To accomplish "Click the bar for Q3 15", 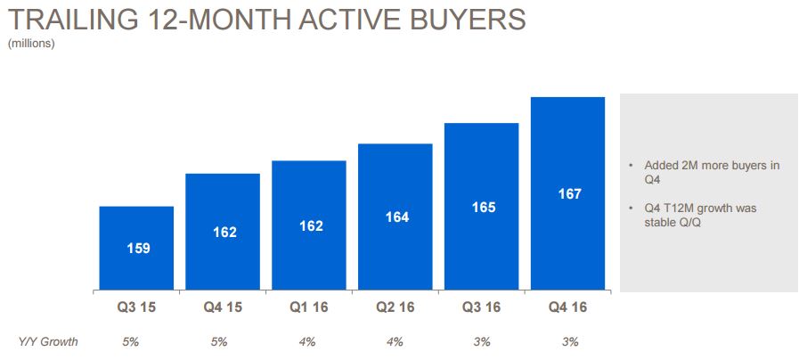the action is (136, 248).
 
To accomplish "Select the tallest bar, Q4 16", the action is (567, 193).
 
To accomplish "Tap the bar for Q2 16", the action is (395, 217).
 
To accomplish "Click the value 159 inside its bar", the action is (138, 249).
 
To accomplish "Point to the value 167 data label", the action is (570, 194).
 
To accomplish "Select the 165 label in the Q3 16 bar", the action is (484, 208).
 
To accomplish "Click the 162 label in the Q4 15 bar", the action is (225, 233).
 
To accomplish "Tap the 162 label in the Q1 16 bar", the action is (312, 226).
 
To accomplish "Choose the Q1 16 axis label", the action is (309, 307).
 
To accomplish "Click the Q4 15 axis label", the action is (223, 307).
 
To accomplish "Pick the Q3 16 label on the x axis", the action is (482, 307).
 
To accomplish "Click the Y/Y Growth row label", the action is (48, 341).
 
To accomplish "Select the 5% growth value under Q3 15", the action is (131, 342).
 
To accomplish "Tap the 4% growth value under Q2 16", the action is (395, 342).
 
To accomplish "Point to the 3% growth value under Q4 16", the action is (571, 342).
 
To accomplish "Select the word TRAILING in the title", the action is (73, 20).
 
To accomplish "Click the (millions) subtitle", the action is (31, 45).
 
